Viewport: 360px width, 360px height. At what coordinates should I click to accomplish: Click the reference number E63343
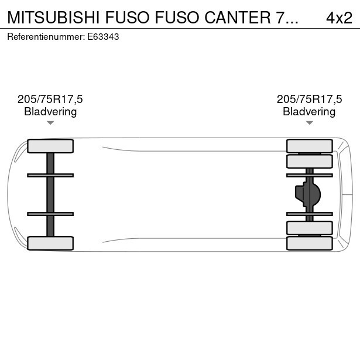103,36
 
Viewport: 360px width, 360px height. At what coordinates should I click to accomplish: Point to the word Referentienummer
45,36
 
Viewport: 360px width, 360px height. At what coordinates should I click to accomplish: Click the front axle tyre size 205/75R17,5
50,100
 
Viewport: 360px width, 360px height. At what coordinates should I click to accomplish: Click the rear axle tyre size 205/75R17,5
309,100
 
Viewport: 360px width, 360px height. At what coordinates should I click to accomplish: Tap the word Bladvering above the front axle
50,112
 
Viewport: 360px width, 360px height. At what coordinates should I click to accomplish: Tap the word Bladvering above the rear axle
309,112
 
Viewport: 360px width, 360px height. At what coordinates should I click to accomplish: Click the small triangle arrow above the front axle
50,123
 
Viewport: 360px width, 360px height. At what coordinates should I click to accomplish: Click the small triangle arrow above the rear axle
309,123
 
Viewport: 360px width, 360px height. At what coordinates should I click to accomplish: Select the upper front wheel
50,146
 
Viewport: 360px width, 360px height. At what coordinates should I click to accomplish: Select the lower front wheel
50,243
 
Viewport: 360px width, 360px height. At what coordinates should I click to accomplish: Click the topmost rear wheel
309,146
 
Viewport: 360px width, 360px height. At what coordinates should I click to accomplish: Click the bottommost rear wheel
309,243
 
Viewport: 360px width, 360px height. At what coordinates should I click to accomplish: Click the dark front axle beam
50,194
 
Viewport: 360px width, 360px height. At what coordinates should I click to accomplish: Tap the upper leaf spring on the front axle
50,175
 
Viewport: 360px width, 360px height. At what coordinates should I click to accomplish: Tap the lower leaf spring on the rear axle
309,214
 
